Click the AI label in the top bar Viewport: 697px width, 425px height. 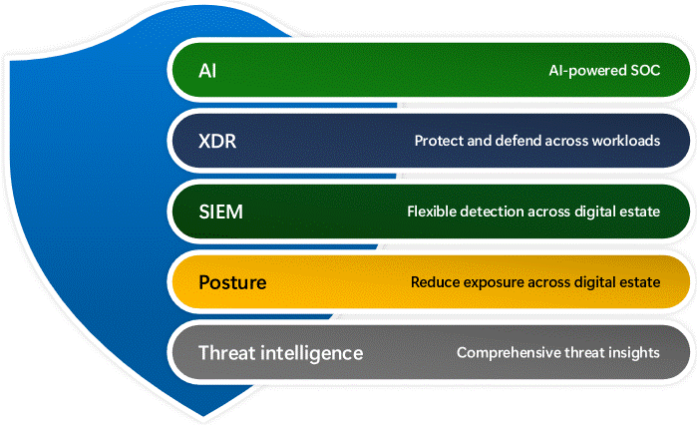[207, 71]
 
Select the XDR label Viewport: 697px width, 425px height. [216, 141]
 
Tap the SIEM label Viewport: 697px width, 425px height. [220, 212]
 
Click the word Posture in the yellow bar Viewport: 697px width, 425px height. [232, 282]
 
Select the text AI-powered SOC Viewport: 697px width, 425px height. [603, 71]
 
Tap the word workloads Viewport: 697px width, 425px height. [624, 141]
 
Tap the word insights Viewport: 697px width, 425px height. [635, 352]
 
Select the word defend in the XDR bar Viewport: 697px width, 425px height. [519, 141]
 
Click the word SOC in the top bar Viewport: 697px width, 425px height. [643, 71]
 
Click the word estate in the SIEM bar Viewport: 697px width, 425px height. [639, 212]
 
